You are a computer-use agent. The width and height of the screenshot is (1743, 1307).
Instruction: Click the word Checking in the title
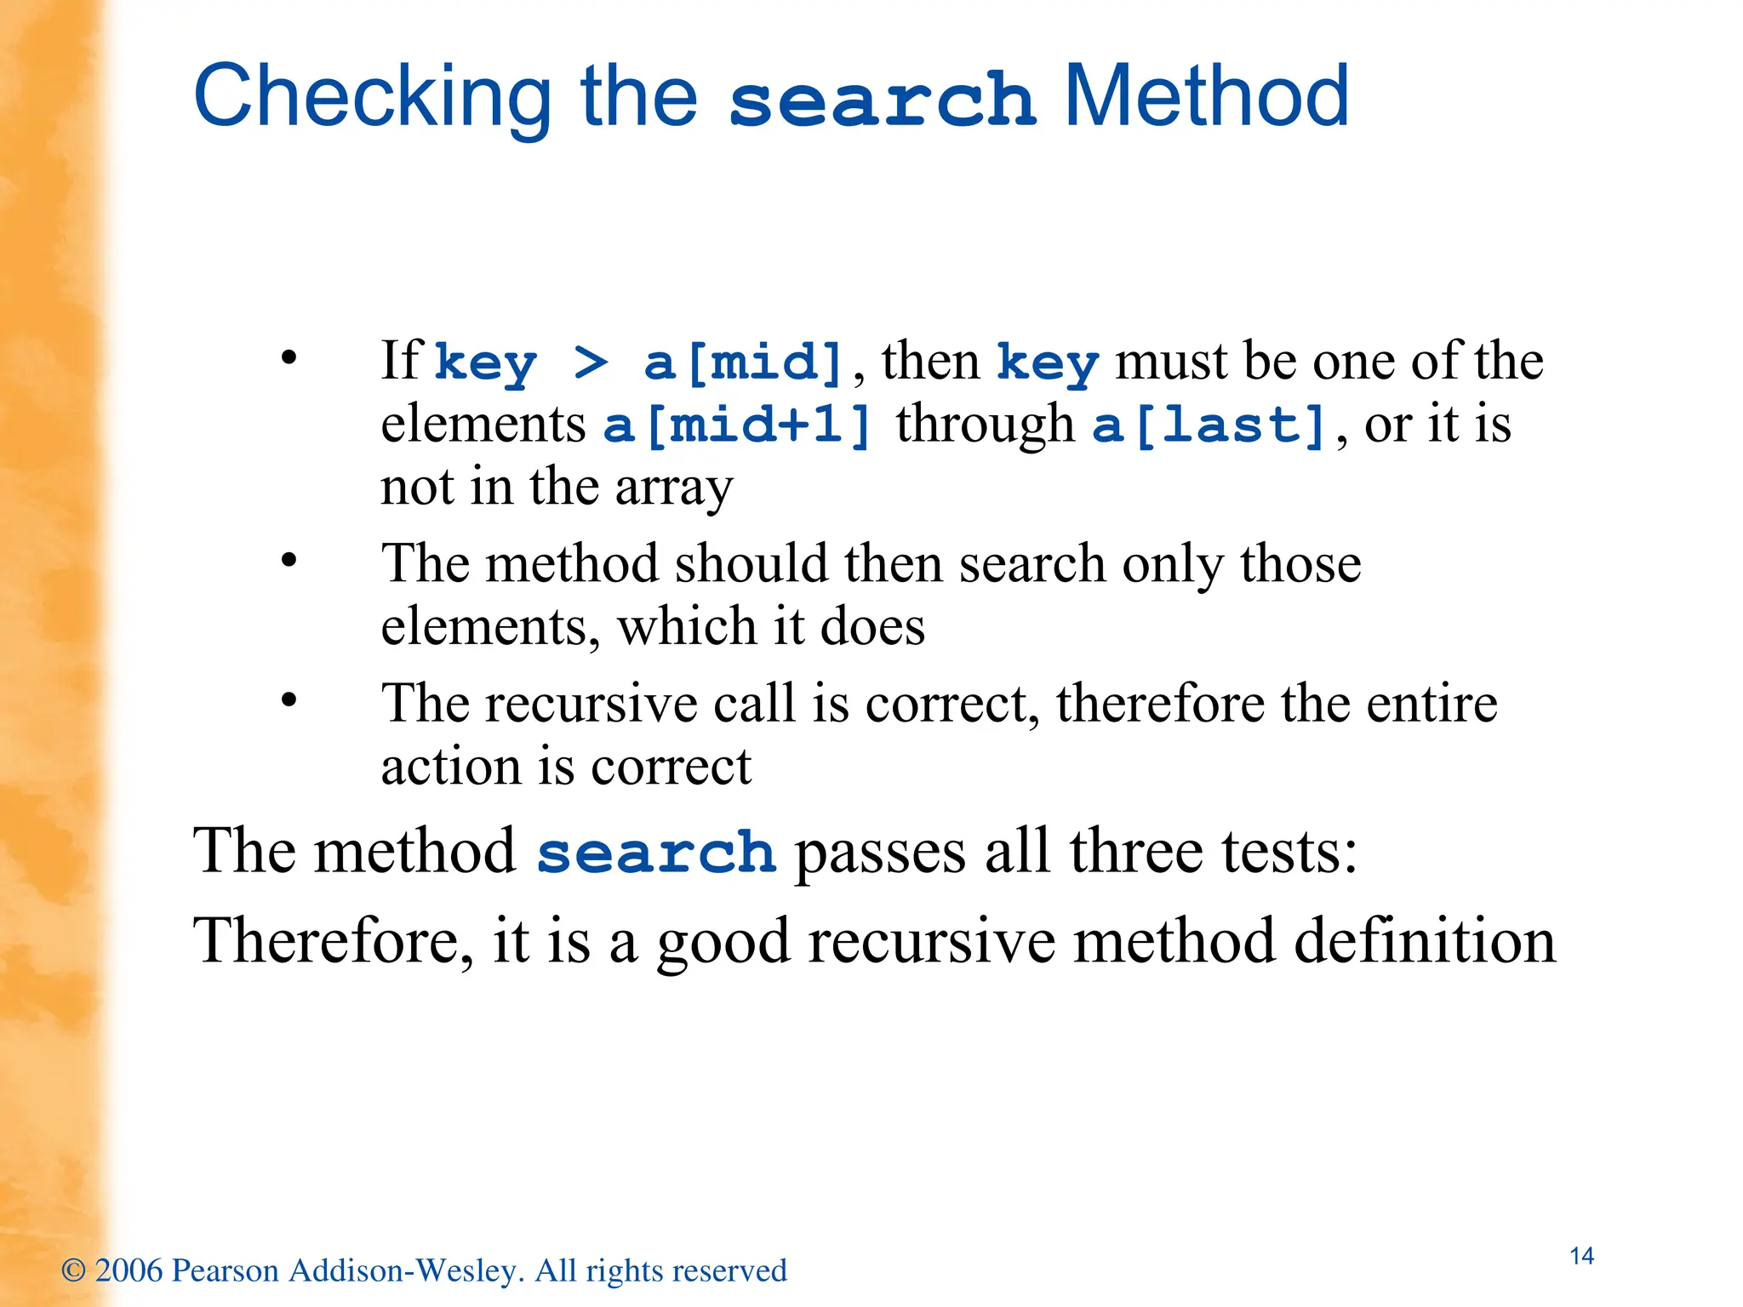pyautogui.click(x=373, y=98)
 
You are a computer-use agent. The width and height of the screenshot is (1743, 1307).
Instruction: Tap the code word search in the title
pyautogui.click(x=882, y=100)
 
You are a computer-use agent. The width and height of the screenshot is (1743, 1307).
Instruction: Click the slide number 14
pyautogui.click(x=1581, y=1256)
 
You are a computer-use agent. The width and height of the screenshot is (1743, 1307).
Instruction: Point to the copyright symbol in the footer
pyautogui.click(x=73, y=1271)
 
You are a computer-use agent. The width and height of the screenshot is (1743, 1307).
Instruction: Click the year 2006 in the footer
pyautogui.click(x=129, y=1270)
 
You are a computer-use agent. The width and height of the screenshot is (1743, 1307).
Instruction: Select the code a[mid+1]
pyautogui.click(x=737, y=425)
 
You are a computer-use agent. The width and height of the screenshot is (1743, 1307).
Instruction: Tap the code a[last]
pyautogui.click(x=1209, y=425)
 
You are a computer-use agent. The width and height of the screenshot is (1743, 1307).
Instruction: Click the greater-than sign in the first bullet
pyautogui.click(x=591, y=362)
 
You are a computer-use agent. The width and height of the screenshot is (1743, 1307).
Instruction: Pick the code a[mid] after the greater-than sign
pyautogui.click(x=743, y=362)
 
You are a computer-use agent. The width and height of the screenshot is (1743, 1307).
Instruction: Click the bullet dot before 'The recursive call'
pyautogui.click(x=289, y=700)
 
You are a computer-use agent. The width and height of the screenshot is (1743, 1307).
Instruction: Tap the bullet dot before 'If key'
pyautogui.click(x=289, y=357)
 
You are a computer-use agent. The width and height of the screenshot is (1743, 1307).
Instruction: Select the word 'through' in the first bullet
pyautogui.click(x=985, y=425)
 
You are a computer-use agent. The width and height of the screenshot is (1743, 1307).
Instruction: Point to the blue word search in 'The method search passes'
pyautogui.click(x=656, y=853)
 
